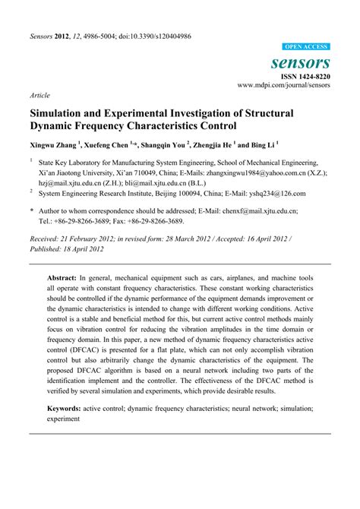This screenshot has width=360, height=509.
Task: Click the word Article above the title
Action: (39, 96)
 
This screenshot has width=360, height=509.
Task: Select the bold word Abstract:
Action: (65, 279)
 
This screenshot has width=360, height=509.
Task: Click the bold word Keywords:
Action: (65, 407)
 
